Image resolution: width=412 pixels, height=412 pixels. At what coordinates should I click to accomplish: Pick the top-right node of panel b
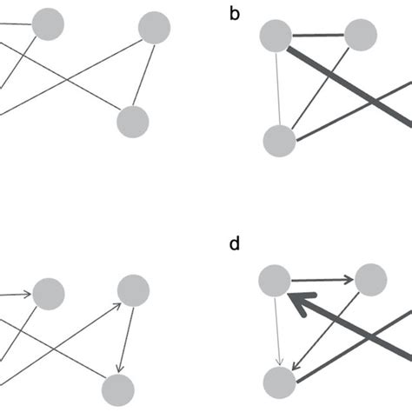361,36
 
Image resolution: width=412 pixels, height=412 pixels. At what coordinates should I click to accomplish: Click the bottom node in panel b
280,141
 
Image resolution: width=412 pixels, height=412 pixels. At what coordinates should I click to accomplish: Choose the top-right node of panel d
370,281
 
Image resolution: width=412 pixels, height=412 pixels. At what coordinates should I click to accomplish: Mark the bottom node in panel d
280,382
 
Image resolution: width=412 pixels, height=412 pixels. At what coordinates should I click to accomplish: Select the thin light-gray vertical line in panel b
277,87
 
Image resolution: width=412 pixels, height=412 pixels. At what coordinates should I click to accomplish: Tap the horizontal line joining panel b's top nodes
318,36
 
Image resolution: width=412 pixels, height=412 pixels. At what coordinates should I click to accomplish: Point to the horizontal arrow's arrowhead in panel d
346,281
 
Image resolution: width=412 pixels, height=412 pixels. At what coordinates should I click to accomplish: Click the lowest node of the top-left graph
132,121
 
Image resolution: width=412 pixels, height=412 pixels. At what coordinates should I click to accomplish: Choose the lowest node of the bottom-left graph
117,389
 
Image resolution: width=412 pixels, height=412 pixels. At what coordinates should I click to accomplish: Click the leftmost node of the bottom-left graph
49,293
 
